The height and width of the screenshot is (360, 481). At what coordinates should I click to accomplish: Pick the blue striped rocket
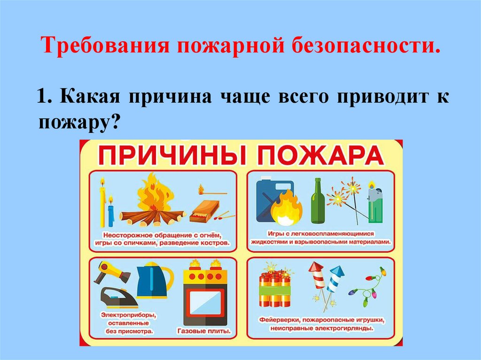click(x=334, y=282)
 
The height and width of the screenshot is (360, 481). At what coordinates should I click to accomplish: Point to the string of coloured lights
click(x=369, y=284)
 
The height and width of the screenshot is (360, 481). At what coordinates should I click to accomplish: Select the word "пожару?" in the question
click(x=77, y=123)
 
